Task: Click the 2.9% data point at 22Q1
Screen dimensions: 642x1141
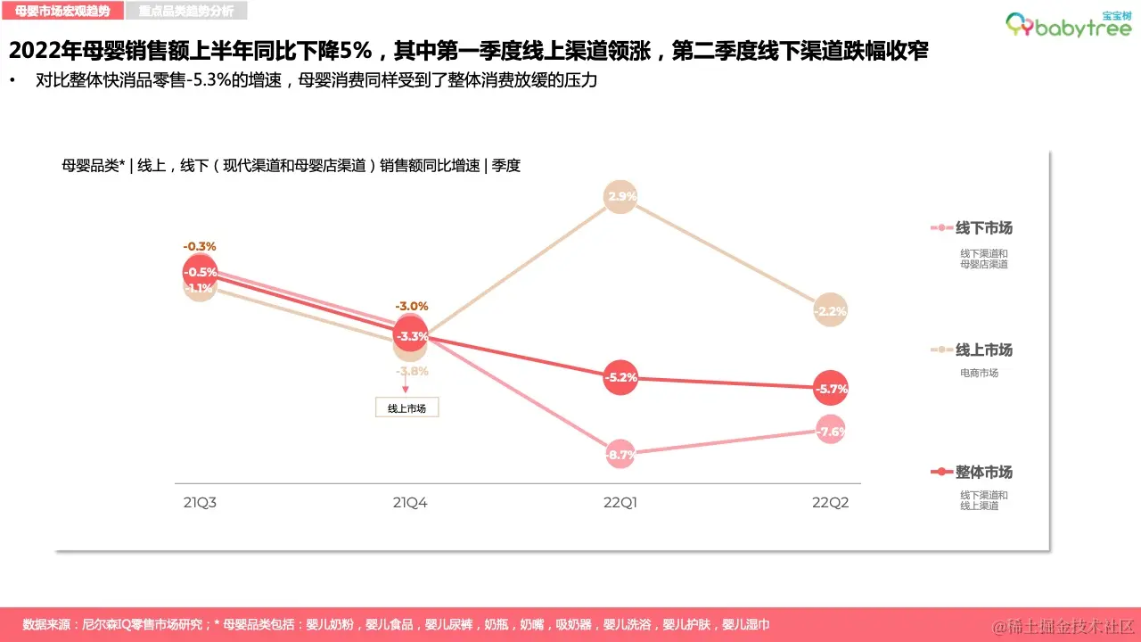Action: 620,196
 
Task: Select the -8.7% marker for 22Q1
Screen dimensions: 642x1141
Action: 620,454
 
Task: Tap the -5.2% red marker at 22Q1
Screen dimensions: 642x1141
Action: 620,377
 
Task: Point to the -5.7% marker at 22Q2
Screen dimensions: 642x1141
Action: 831,388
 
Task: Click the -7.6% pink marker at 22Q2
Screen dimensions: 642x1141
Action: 831,432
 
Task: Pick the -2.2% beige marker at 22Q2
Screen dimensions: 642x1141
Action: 831,311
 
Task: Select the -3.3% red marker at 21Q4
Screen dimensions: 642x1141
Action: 410,336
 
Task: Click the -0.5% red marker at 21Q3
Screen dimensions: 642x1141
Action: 201,272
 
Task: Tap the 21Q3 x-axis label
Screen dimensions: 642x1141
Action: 201,503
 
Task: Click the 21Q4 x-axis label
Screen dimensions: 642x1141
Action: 410,503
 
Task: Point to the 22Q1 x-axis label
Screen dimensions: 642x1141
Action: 620,503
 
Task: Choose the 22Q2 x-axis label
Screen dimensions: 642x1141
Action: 831,503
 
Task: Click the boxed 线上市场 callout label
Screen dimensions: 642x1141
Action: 407,408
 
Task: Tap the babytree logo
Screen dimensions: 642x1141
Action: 1068,24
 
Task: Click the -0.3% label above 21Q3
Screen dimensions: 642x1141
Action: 200,246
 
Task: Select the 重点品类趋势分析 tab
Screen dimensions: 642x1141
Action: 186,11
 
